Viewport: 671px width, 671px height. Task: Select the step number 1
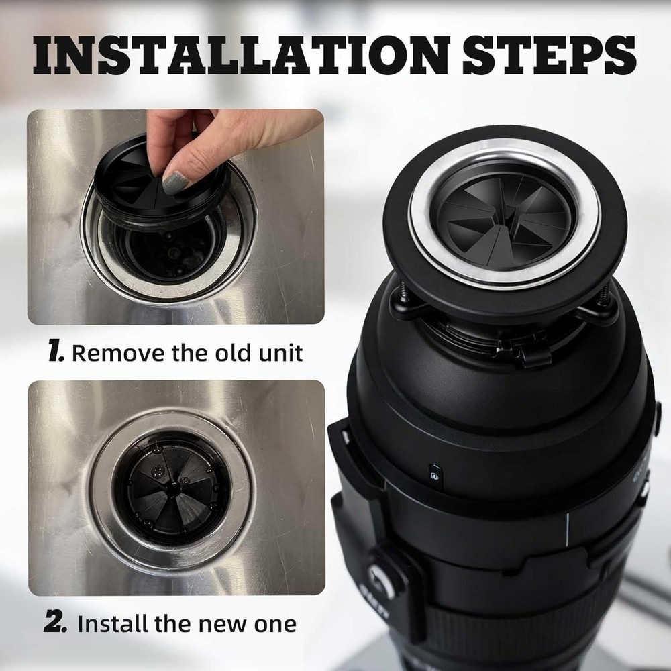tap(56, 352)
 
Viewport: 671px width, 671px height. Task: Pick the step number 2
tap(56, 623)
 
